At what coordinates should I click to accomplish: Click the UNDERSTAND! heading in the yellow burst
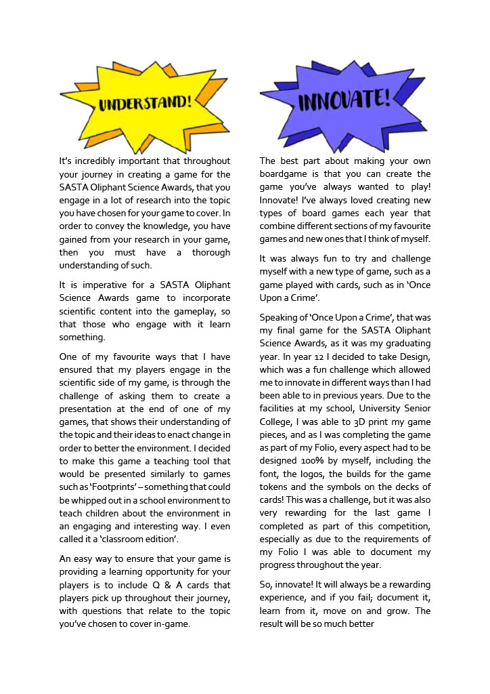[145, 102]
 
